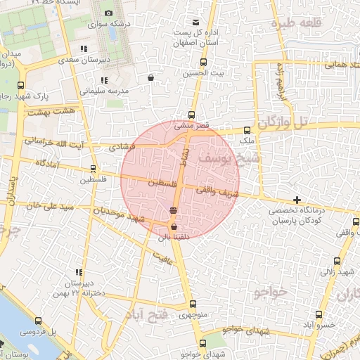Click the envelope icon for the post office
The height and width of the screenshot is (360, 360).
pos(195,22)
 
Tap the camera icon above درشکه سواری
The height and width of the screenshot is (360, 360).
pos(108,13)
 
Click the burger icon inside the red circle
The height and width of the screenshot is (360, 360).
pos(173,211)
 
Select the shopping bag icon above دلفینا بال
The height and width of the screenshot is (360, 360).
pos(174,226)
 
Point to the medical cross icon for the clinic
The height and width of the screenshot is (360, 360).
pos(297,200)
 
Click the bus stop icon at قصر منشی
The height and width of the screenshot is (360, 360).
pos(192,115)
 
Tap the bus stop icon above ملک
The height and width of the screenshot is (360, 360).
pos(247,130)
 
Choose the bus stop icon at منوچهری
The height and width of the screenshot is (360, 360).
pos(193,304)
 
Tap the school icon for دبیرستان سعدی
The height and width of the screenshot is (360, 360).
pos(84,49)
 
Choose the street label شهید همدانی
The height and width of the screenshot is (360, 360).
pos(329,64)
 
